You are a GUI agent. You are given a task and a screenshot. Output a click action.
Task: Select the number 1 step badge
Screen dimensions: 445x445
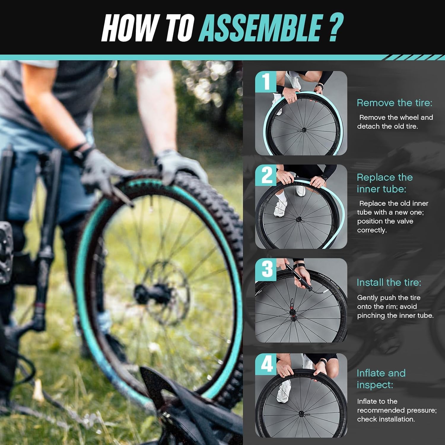click(266, 81)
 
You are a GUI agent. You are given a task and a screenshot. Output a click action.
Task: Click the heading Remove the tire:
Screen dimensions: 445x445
click(394, 103)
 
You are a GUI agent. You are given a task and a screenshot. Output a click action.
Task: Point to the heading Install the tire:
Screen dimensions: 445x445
click(389, 282)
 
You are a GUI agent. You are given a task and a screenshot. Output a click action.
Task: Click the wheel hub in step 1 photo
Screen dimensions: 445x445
click(303, 130)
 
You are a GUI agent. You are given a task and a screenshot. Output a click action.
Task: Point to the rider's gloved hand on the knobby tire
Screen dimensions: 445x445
click(178, 166)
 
